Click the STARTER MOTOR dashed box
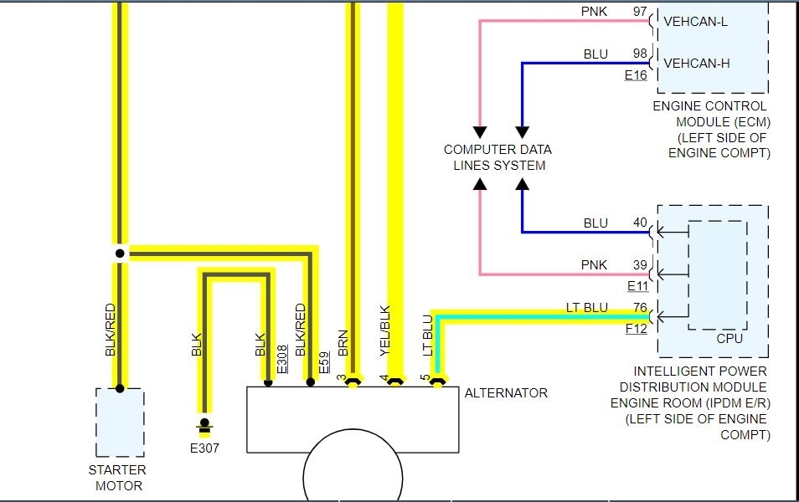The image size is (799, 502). pyautogui.click(x=120, y=422)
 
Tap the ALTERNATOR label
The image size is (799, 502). pyautogui.click(x=506, y=392)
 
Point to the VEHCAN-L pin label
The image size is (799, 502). pyautogui.click(x=695, y=21)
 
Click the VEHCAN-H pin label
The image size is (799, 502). pyautogui.click(x=696, y=62)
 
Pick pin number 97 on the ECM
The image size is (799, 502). pyautogui.click(x=640, y=12)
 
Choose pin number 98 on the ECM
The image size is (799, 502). pyautogui.click(x=640, y=54)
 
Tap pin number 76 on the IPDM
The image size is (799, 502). pyautogui.click(x=640, y=308)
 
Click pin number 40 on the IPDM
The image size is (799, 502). pyautogui.click(x=640, y=223)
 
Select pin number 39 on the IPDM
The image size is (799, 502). pyautogui.click(x=640, y=265)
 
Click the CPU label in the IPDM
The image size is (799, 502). pyautogui.click(x=729, y=339)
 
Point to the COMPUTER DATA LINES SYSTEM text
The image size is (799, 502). pyautogui.click(x=498, y=157)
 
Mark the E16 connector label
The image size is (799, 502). pyautogui.click(x=636, y=75)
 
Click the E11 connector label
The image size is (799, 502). pyautogui.click(x=637, y=286)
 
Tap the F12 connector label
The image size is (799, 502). pyautogui.click(x=637, y=329)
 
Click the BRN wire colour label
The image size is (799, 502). pyautogui.click(x=343, y=343)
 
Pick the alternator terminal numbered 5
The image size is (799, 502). pyautogui.click(x=425, y=378)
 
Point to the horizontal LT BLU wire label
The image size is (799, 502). pyautogui.click(x=586, y=308)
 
